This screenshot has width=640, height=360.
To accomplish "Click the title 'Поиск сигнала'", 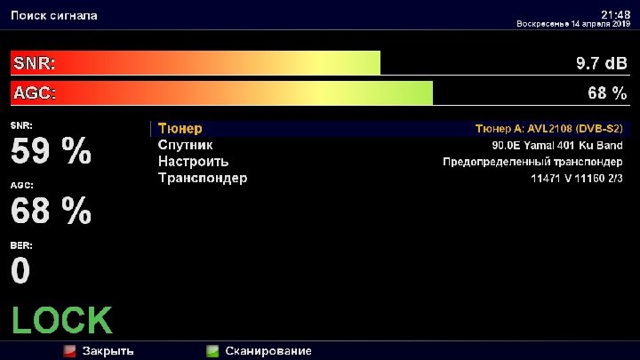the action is pos(54,15).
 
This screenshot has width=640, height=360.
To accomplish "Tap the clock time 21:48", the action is pos(615,15).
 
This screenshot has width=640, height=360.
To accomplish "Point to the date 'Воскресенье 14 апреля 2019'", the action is pos(573,24).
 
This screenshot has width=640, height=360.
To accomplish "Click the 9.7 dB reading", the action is pos(601,63).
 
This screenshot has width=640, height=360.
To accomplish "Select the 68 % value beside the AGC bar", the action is pos(607,93).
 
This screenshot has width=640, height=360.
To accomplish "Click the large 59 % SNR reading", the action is pos(51,150).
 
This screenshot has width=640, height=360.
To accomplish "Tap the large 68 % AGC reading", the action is pos(51,210).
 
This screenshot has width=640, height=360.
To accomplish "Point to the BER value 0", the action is pos(20,270).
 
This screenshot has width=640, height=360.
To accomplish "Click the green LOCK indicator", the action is pos(62,320).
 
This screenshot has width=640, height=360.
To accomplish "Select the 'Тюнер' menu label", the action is pos(180,129).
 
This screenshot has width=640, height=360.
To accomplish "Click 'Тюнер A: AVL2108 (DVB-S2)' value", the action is pos(549,129).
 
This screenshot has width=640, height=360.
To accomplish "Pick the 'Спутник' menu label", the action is pos(185,145).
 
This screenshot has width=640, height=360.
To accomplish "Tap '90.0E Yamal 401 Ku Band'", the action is pos(557,145).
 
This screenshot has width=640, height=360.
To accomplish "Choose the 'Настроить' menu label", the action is pos(194,162).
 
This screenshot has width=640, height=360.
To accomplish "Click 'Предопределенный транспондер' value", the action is pos(532,162).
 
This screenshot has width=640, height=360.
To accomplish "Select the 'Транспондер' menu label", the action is pos(203,178).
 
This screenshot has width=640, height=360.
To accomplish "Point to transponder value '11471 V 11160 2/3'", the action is pos(577,179).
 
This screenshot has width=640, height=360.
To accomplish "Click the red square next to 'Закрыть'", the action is pos(69,351).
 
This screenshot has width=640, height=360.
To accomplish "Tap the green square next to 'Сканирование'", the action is pos(212,351).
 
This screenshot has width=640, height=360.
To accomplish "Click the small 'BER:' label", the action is pos(21,245).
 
